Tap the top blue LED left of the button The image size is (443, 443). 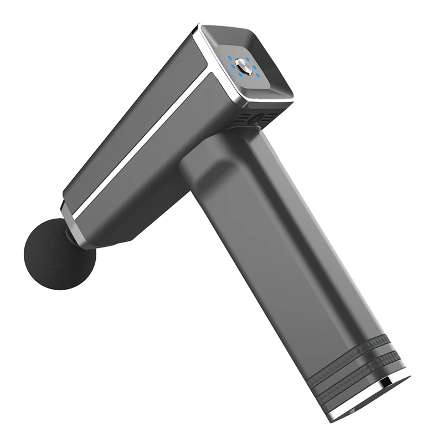pos(229,58)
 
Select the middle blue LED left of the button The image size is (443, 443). pos(233,66)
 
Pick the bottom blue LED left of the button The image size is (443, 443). pos(240,75)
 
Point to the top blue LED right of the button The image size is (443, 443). pos(247,59)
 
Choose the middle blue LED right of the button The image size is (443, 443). pos(254,67)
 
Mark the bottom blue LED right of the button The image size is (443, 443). pos(257,75)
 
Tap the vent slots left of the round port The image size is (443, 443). pos(241,118)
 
